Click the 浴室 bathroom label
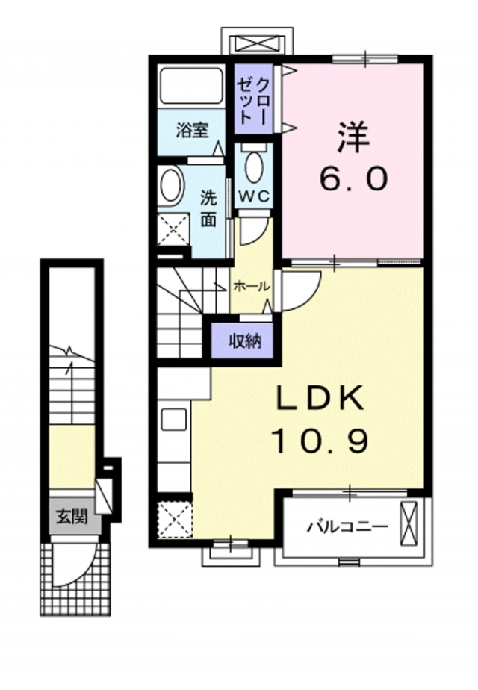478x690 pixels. pyautogui.click(x=192, y=131)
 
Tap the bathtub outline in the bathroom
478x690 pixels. pyautogui.click(x=191, y=86)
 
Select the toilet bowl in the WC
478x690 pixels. pyautogui.click(x=254, y=167)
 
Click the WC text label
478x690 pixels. pyautogui.click(x=253, y=196)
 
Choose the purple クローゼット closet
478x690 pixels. pyautogui.click(x=253, y=99)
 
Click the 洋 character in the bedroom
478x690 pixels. pyautogui.click(x=353, y=137)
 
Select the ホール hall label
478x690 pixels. pyautogui.click(x=251, y=287)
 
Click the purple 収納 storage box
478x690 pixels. pyautogui.click(x=245, y=341)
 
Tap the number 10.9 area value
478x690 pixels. pyautogui.click(x=320, y=441)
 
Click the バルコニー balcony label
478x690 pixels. pyautogui.click(x=347, y=526)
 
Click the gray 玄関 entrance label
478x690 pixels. pyautogui.click(x=71, y=517)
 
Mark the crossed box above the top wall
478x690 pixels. pyautogui.click(x=257, y=45)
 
